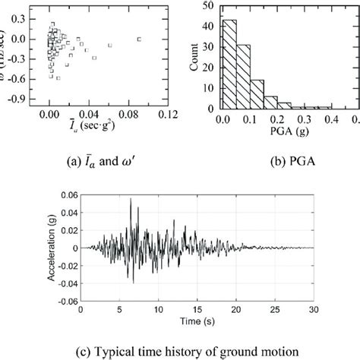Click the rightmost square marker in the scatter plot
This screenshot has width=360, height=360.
tap(138, 38)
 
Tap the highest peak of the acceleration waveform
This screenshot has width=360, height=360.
tap(130, 200)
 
